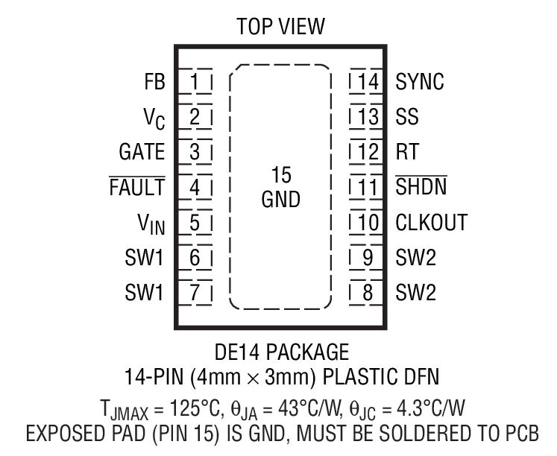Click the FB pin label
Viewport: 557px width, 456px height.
154,81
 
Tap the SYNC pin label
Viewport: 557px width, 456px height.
420,81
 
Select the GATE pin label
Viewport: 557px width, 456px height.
142,152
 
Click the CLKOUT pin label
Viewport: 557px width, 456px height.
432,222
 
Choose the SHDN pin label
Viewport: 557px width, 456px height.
421,187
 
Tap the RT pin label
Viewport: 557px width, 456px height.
408,152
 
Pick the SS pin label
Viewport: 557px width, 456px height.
407,117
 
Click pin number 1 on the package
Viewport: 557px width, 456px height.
195,81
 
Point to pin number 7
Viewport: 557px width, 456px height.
195,293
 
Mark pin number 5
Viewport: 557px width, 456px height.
195,222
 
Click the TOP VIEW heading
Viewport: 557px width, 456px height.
280,28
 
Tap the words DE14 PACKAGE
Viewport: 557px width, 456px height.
280,349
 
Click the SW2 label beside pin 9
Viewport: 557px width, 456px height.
416,258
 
